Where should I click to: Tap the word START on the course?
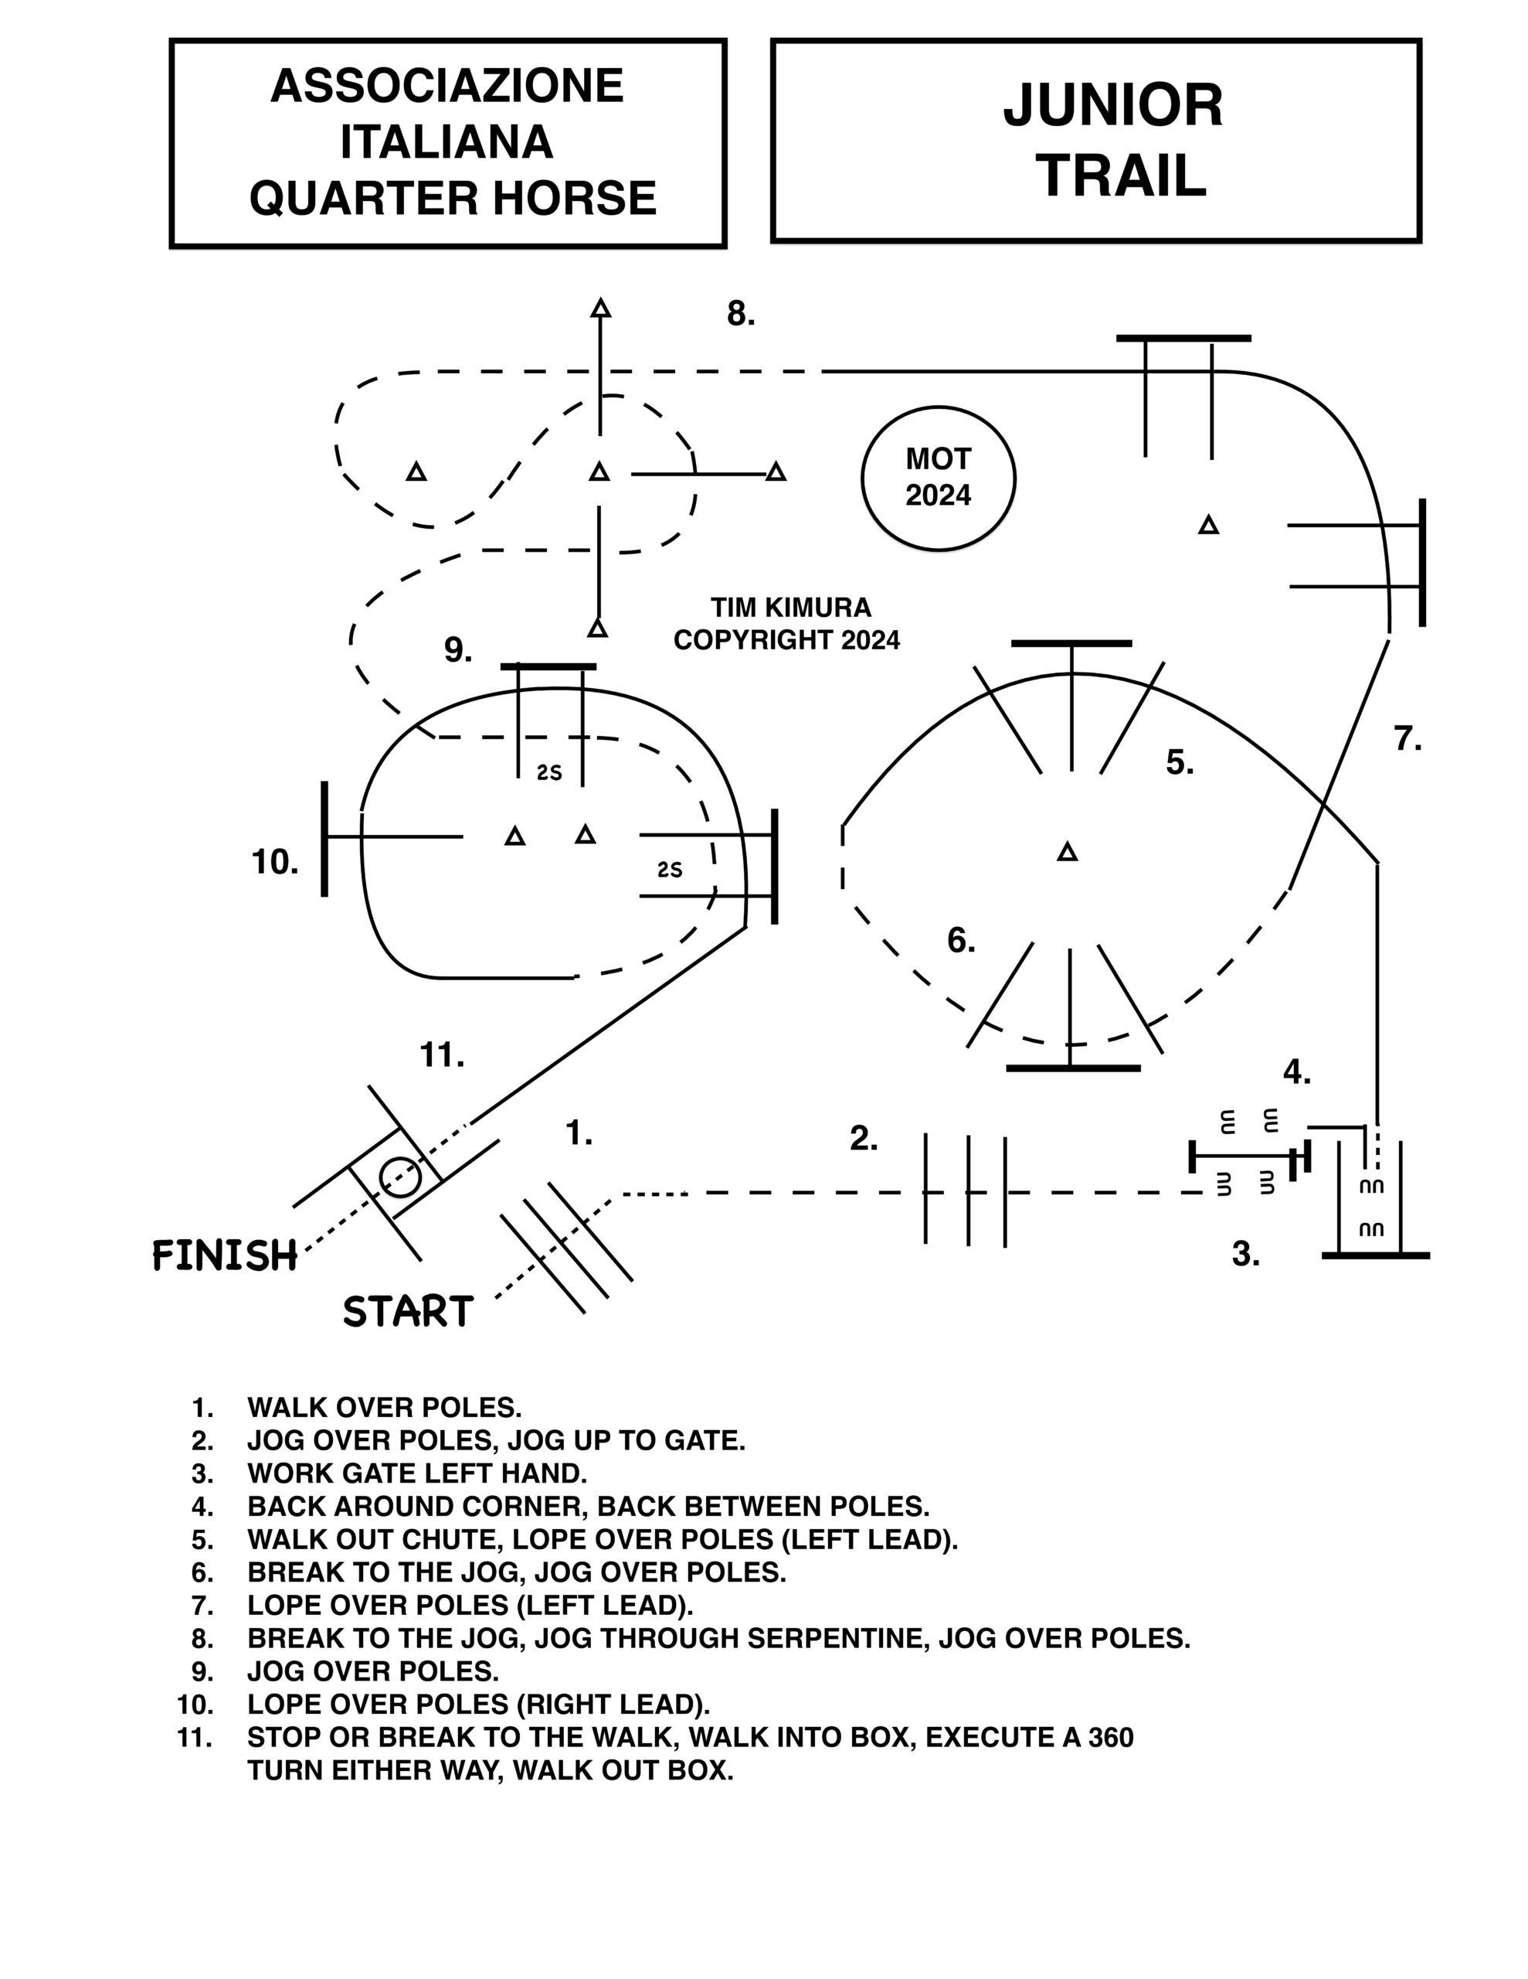point(408,1311)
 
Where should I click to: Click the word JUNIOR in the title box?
point(1113,105)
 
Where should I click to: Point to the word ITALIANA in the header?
point(447,142)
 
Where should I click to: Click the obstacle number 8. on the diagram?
point(741,314)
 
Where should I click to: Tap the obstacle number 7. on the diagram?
point(1407,739)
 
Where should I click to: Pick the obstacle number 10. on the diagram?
point(274,862)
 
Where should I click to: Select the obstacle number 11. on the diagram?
point(442,1054)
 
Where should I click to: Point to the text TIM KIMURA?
point(791,606)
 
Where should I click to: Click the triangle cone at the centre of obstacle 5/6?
point(1068,852)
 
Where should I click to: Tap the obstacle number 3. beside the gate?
point(1246,1254)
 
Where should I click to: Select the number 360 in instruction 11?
point(1110,1737)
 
